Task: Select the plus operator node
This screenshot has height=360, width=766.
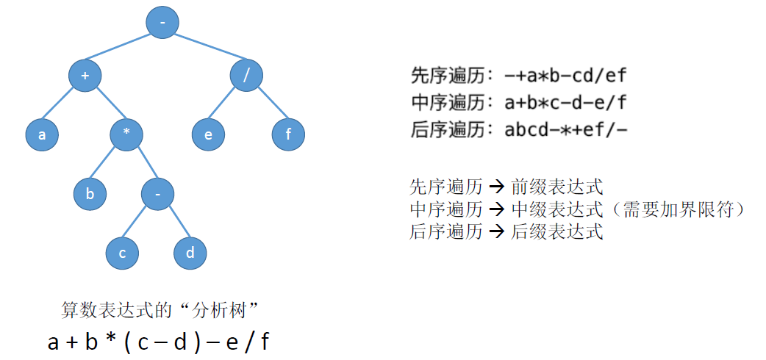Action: tap(85, 76)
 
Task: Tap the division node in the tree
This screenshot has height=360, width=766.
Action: tap(246, 76)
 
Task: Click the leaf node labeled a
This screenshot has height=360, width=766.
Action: tap(42, 134)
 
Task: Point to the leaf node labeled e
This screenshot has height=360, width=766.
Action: tap(209, 134)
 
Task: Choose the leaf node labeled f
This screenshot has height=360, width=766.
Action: tap(288, 134)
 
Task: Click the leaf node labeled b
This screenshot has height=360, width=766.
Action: tap(90, 194)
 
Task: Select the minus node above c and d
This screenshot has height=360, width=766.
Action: tap(158, 194)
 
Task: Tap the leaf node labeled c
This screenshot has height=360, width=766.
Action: tap(122, 253)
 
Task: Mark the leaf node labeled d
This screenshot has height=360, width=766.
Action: tap(190, 253)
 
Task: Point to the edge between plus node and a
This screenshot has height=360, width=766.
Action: tap(63, 105)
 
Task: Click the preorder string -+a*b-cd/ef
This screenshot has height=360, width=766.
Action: tap(565, 75)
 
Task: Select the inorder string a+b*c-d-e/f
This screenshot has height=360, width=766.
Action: tap(565, 102)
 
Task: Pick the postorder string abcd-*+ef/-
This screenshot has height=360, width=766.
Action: tap(565, 130)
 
